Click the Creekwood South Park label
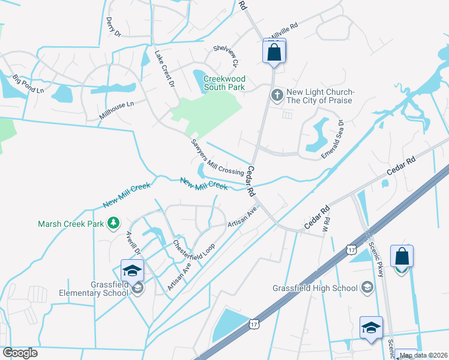[x=224, y=83]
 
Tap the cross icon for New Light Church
[x=277, y=94]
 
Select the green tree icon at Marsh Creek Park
[x=113, y=224]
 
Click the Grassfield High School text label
[x=315, y=288]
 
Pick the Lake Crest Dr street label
[x=164, y=68]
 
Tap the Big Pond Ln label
[x=28, y=83]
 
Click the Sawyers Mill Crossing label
[x=217, y=157]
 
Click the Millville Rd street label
[x=285, y=31]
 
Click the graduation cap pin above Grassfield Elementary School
[x=132, y=270]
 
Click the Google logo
[x=20, y=353]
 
